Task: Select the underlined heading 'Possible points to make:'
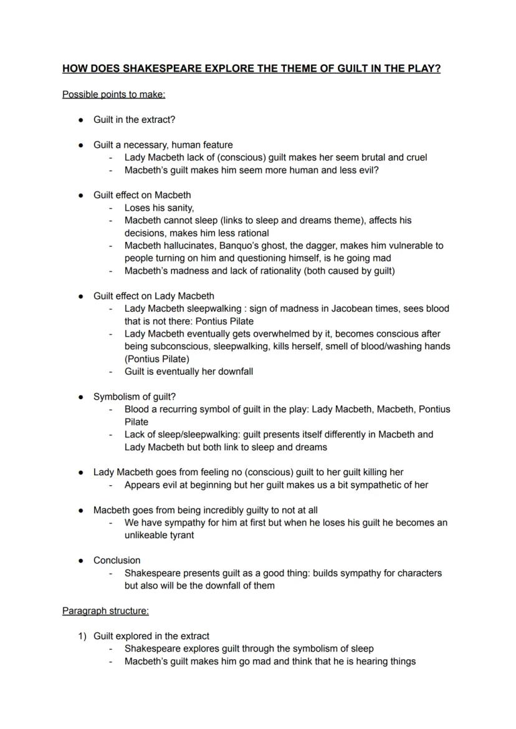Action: (113, 95)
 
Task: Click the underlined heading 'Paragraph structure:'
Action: (105, 611)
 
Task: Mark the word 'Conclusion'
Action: (117, 560)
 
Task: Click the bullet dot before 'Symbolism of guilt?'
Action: (81, 397)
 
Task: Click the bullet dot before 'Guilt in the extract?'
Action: (81, 120)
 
